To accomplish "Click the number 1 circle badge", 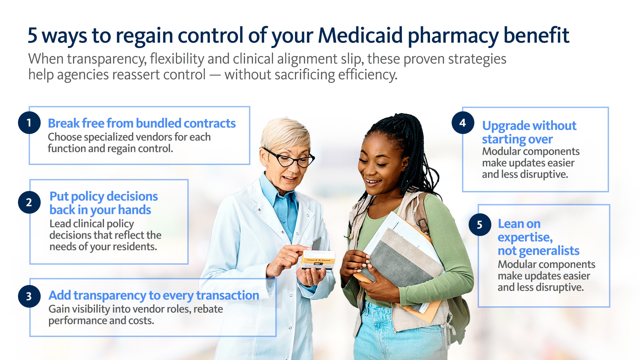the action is pyautogui.click(x=29, y=123).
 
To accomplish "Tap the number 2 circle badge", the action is pyautogui.click(x=29, y=202).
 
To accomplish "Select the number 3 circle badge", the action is pyautogui.click(x=29, y=296).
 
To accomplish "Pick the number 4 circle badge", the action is pyautogui.click(x=463, y=123).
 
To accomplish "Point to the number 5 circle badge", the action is pyautogui.click(x=480, y=225).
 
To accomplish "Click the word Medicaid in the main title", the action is pyautogui.click(x=360, y=35).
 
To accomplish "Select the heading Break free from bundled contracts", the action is pyautogui.click(x=142, y=123).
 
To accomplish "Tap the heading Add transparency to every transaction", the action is pyautogui.click(x=154, y=296).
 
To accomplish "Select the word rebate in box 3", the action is pyautogui.click(x=208, y=309).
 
